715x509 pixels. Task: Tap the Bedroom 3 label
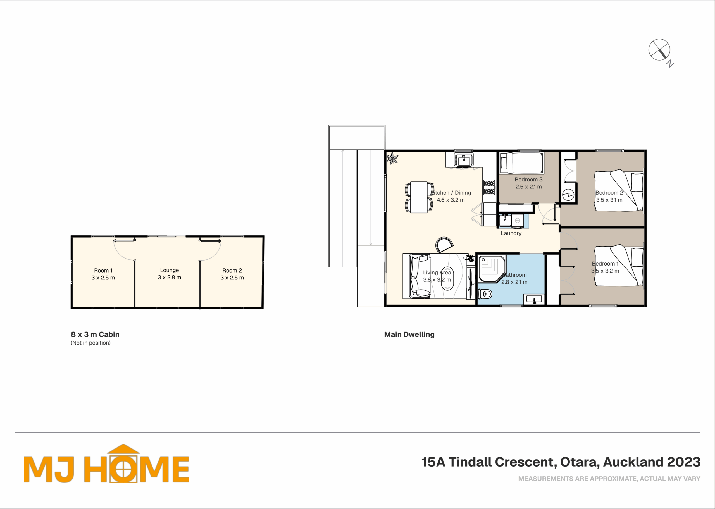click(x=528, y=180)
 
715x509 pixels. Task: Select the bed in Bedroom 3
click(x=521, y=163)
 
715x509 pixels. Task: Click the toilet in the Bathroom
click(x=485, y=294)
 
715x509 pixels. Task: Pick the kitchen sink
click(x=464, y=160)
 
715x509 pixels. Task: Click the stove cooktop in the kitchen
click(x=489, y=187)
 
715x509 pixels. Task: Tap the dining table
click(x=419, y=197)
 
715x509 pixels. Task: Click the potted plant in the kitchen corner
click(x=392, y=158)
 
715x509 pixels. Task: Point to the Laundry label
click(x=511, y=233)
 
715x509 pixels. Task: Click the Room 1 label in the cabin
click(x=103, y=271)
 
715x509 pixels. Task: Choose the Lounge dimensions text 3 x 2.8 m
click(x=169, y=277)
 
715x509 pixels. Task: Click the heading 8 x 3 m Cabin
click(x=95, y=334)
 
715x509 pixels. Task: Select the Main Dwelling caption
click(x=409, y=334)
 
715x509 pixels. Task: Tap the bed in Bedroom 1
click(x=619, y=266)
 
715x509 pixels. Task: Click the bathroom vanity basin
click(x=534, y=299)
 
